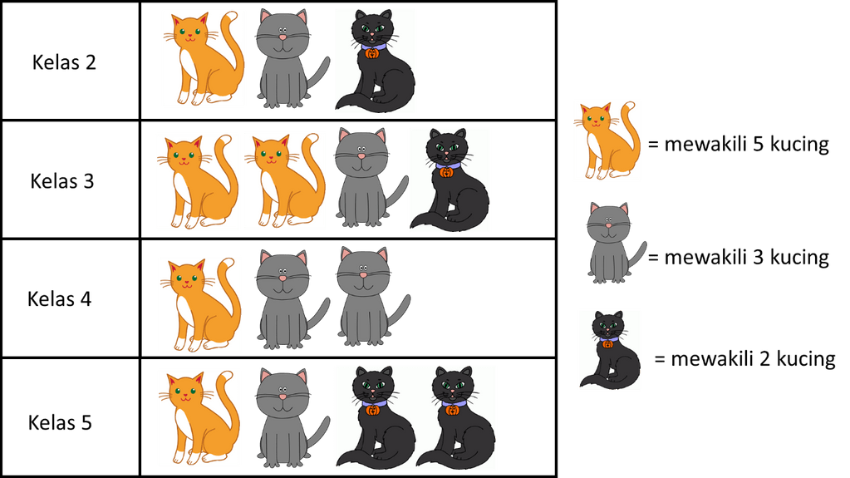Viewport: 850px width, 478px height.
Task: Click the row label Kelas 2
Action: tap(64, 62)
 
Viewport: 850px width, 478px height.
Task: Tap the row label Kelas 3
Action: tap(61, 180)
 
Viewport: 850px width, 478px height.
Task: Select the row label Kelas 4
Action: tap(60, 299)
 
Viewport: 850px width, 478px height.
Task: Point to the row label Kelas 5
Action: tap(60, 422)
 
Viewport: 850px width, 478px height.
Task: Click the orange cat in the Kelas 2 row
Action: tap(204, 58)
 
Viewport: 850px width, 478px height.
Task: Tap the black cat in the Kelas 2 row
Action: tap(375, 62)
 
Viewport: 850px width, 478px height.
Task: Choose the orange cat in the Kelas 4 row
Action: tap(200, 304)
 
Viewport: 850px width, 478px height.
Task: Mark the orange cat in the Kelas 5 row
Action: tap(199, 418)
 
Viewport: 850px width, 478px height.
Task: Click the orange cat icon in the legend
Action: tap(607, 140)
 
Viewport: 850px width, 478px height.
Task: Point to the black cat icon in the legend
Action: tap(610, 350)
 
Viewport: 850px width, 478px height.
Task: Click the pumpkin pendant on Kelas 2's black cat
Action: tap(371, 53)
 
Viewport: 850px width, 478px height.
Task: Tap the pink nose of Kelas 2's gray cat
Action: tap(283, 37)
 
